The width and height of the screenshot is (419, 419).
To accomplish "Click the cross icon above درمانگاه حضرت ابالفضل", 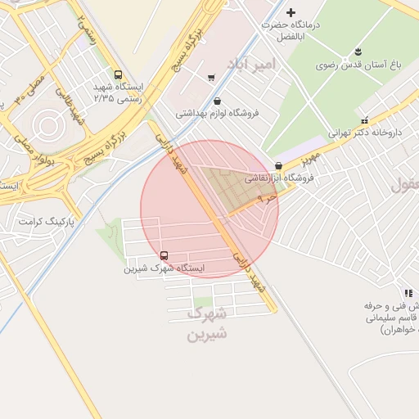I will (291, 11).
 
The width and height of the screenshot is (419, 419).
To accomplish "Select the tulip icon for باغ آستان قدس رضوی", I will (356, 53).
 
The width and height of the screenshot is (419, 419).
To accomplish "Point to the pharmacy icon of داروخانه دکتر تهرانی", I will (364, 120).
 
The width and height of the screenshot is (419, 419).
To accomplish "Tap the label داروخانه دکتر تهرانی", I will (365, 132).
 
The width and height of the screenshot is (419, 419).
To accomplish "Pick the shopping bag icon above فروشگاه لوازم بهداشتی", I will (217, 101).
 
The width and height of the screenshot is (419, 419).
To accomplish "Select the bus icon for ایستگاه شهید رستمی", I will (119, 74).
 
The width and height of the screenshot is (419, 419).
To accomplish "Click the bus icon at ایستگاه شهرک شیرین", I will (164, 255).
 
